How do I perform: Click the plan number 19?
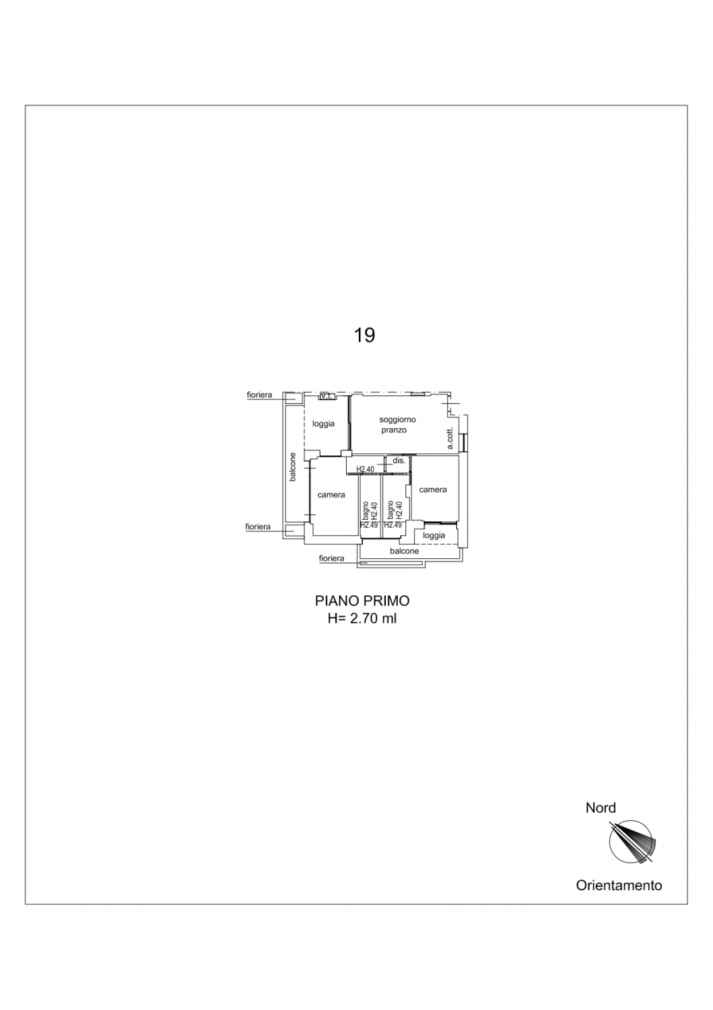(364, 335)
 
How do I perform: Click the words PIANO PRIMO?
(362, 601)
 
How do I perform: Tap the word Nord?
(601, 807)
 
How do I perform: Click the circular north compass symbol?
(630, 842)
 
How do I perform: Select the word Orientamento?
(619, 885)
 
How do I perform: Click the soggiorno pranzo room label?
(397, 425)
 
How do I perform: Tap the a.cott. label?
(450, 438)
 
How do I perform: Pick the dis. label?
(399, 461)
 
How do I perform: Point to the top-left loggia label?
(323, 424)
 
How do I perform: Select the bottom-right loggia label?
(434, 535)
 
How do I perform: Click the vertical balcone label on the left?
(293, 467)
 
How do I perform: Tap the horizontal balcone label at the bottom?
(405, 551)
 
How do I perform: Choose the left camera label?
(331, 495)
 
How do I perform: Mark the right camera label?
(433, 490)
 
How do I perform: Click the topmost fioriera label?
(259, 395)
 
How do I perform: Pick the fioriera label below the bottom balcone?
(331, 558)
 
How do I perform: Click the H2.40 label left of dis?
(366, 469)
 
